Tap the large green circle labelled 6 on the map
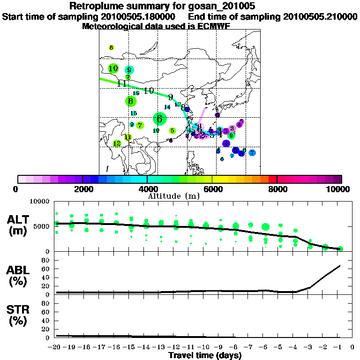tap(160, 119)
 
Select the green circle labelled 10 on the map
tap(113, 68)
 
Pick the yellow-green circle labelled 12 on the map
tap(117, 143)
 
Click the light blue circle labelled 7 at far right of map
tap(252, 153)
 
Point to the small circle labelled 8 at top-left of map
tap(111, 47)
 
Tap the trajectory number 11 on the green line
tap(122, 84)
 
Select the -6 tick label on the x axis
tap(265, 347)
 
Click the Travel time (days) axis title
tap(205, 355)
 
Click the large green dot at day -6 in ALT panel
tap(266, 227)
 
